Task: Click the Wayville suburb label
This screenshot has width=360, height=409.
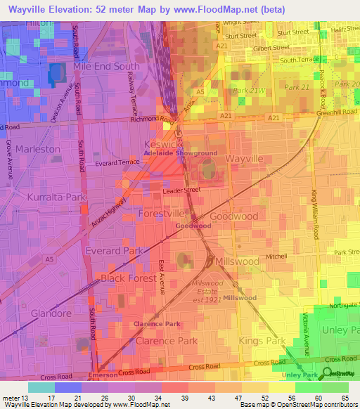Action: [244, 160]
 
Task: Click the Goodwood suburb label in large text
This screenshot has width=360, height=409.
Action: [234, 216]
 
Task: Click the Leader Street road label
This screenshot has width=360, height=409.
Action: [181, 190]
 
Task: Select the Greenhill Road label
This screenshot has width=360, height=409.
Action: [338, 111]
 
